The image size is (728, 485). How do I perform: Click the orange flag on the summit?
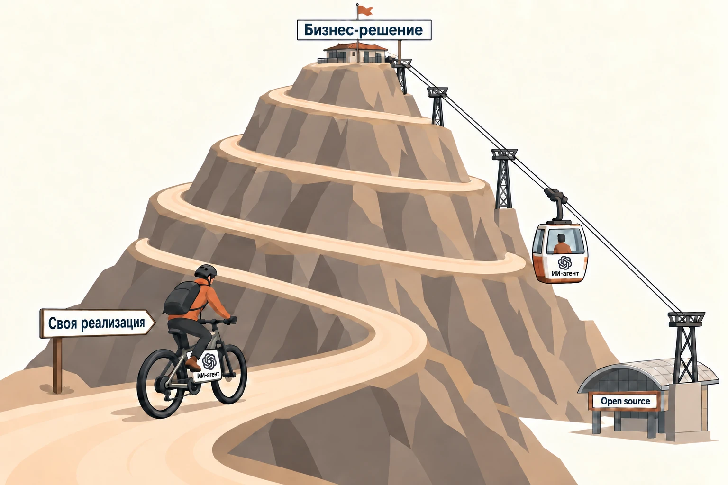[x=365, y=11]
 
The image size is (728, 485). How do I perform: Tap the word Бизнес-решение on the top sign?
[x=364, y=30]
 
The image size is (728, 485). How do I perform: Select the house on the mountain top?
[x=355, y=53]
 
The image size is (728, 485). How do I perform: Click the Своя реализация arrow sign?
[x=97, y=323]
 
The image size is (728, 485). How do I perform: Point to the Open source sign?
[x=625, y=401]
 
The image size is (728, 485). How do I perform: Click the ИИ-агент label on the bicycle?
[x=209, y=366]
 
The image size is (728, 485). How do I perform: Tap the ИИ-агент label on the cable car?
[x=565, y=266]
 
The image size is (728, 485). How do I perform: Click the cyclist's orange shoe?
[x=193, y=363]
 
